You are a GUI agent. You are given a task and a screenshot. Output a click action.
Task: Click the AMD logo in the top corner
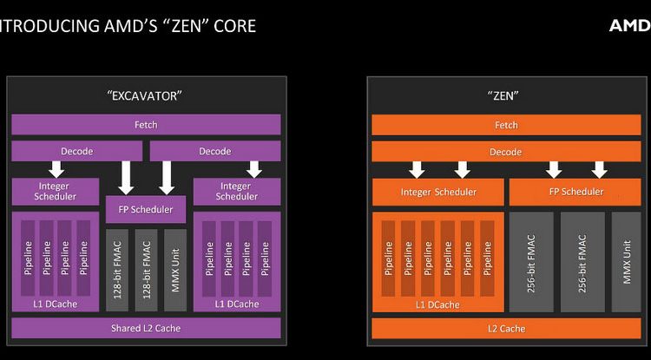[628, 25]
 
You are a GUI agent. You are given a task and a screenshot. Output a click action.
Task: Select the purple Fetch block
[145, 124]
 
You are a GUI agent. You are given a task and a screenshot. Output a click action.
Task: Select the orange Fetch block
[506, 125]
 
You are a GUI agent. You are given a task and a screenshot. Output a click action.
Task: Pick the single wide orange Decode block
[506, 151]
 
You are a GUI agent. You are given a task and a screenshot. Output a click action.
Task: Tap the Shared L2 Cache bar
[145, 328]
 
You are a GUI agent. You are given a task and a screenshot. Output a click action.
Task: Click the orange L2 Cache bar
[506, 329]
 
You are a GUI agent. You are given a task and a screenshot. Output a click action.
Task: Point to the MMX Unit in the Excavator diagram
[174, 270]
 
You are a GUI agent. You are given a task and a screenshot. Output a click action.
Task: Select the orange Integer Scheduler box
[438, 191]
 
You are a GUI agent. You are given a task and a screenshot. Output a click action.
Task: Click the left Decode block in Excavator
[76, 151]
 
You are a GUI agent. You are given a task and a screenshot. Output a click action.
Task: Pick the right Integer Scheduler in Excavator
[236, 191]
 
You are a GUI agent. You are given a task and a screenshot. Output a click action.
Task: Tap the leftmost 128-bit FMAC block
[117, 270]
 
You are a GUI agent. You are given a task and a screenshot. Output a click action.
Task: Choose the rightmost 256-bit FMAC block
[582, 260]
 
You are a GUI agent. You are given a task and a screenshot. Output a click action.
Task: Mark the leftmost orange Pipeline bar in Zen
[388, 258]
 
